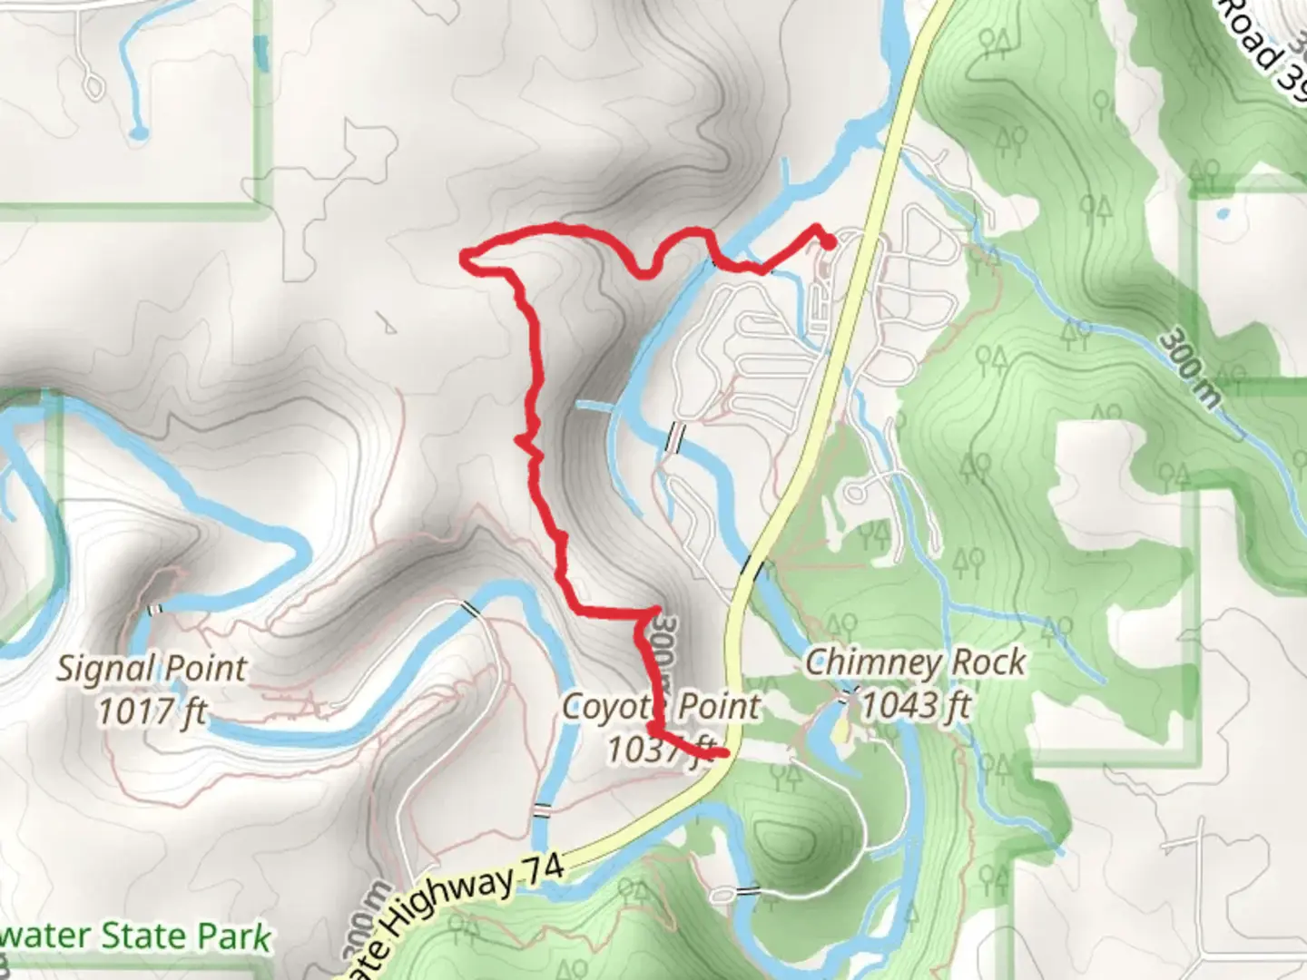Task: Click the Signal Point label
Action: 152,669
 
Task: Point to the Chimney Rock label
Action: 915,662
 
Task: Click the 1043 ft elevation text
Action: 915,705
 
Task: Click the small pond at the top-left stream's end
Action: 138,134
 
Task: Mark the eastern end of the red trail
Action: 830,240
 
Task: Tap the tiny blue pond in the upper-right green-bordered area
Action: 1221,215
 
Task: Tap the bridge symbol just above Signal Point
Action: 154,609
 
